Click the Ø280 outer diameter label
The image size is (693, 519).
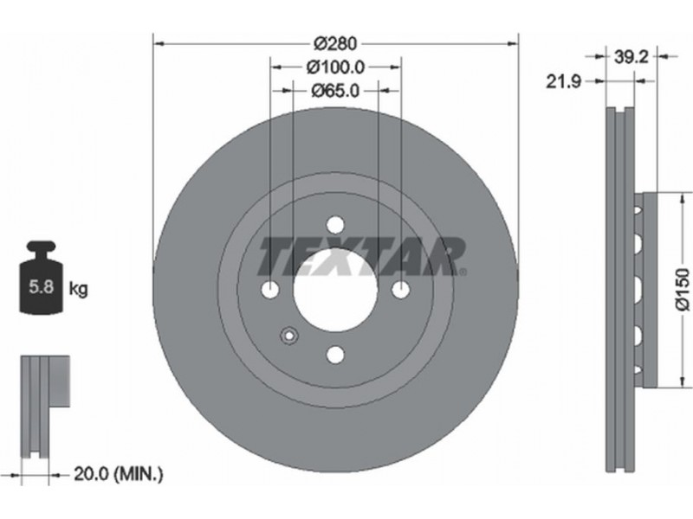tap(335, 44)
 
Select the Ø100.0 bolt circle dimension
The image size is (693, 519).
tap(335, 67)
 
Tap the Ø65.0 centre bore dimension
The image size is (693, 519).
tap(335, 91)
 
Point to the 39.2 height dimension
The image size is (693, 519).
tap(631, 56)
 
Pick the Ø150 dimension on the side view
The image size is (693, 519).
tap(683, 290)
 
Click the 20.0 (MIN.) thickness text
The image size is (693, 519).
tap(119, 474)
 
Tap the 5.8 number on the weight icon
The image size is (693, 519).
tap(41, 287)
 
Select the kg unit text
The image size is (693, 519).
tap(78, 289)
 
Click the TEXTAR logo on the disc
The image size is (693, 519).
tap(360, 256)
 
